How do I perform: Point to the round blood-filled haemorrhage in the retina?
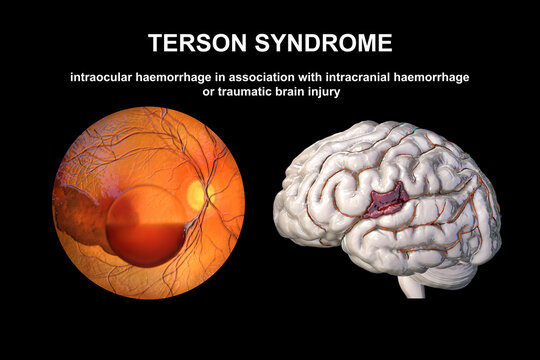[x=146, y=224]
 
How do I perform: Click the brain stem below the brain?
[x=411, y=284]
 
